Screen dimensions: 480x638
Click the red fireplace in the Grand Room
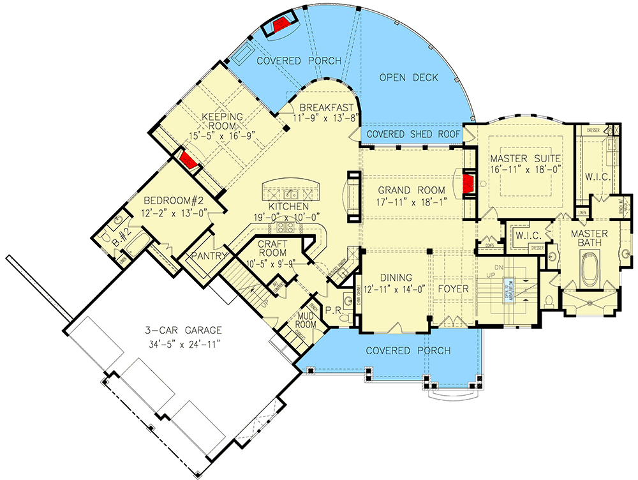(468, 184)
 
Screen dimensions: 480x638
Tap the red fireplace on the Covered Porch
(280, 25)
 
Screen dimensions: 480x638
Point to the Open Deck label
(409, 78)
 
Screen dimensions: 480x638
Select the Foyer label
(454, 289)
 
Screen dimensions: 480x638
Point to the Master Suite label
(525, 158)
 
